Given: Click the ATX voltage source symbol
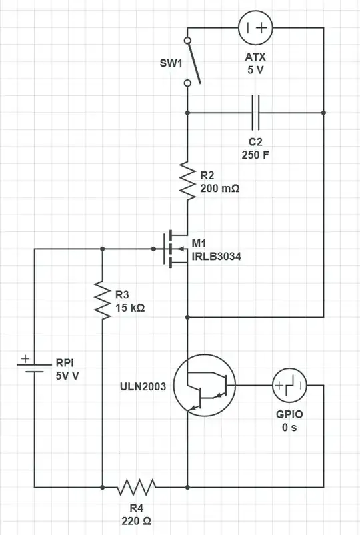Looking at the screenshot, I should point(256,28).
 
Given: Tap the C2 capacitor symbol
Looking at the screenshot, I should point(256,113).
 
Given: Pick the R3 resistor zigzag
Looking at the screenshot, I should point(102,300).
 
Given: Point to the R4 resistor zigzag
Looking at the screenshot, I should point(136,488).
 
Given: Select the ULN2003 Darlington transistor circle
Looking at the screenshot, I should point(204,386).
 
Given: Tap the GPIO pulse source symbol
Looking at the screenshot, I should point(289,386).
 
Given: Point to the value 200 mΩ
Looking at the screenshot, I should point(220,189).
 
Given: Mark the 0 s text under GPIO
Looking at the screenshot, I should point(289,426).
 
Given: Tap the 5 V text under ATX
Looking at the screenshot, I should point(256,69).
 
